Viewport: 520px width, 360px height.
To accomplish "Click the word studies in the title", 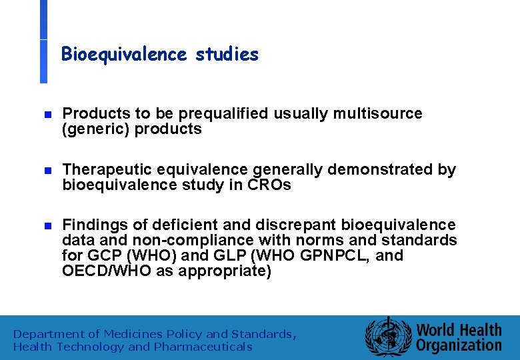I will [227, 55].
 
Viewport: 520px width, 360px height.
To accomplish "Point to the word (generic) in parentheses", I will [95, 129].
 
